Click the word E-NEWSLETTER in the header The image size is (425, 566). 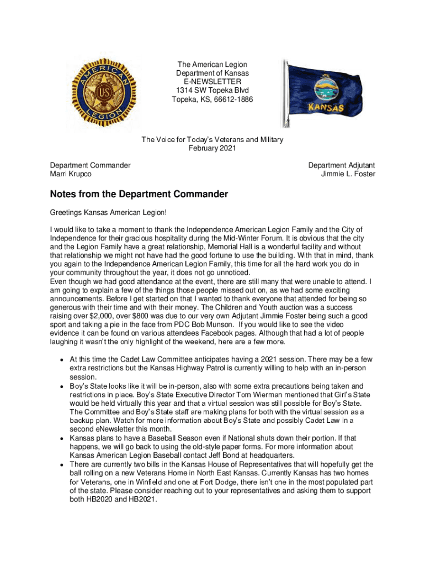[212, 82]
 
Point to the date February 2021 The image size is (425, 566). [212, 148]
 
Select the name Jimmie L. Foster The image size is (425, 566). [348, 174]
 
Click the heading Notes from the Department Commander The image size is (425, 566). [139, 195]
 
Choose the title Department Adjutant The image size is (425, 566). [342, 165]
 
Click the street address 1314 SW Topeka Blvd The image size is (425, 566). [212, 91]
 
